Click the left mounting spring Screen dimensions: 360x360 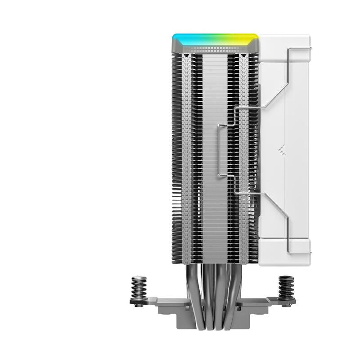[138, 288]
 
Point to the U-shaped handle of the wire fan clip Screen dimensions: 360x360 [220, 151]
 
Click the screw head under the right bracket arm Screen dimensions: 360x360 [286, 305]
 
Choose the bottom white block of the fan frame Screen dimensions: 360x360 [283, 245]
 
